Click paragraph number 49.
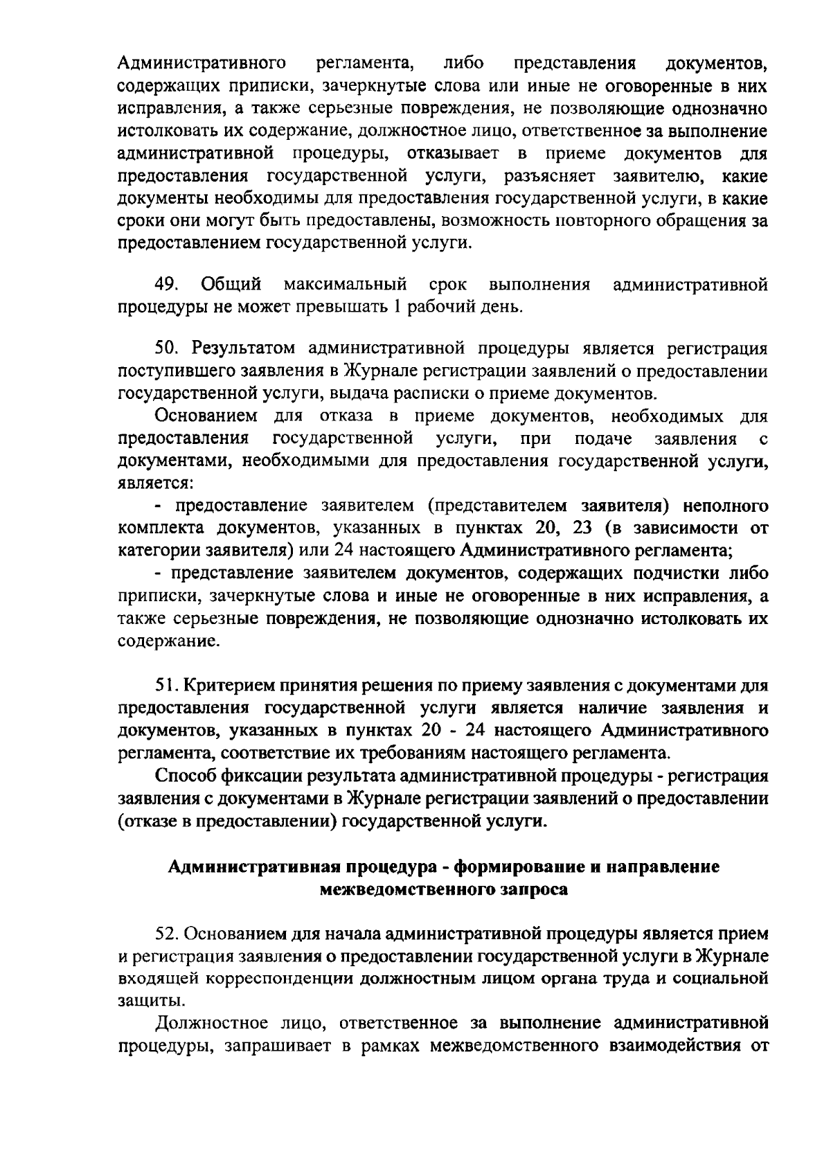167,285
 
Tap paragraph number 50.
167,348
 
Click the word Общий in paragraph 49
231,285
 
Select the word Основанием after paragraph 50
208,416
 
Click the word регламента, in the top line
364,64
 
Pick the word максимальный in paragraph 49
344,285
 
